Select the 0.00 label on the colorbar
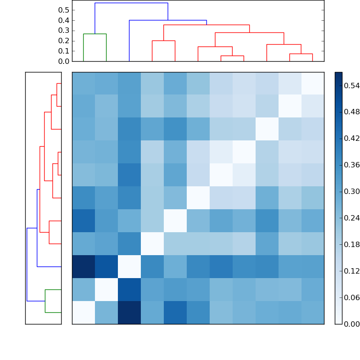click(x=351, y=324)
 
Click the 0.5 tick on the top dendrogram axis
click(x=63, y=10)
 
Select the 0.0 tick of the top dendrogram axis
click(x=63, y=61)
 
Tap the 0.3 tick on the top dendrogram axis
click(x=63, y=31)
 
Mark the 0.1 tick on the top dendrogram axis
click(x=63, y=51)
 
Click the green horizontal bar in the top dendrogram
click(x=94, y=34)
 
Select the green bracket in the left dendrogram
click(x=45, y=301)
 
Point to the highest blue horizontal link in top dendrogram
click(x=131, y=3)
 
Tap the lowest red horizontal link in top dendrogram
click(x=232, y=56)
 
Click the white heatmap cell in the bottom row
click(x=83, y=312)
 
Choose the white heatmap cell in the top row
click(x=312, y=83)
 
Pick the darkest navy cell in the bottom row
click(x=129, y=312)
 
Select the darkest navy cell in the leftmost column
click(x=83, y=266)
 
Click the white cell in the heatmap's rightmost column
click(x=312, y=83)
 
